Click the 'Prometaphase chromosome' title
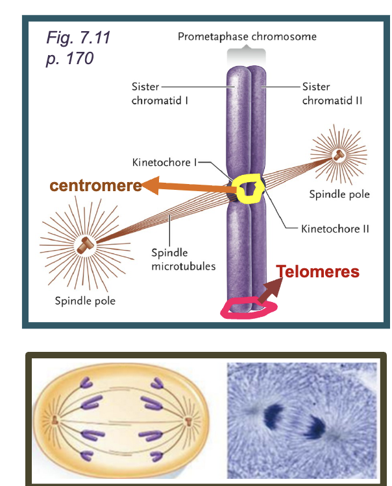click(247, 36)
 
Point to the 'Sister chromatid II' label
click(332, 93)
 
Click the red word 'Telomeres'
click(318, 272)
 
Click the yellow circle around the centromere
click(249, 189)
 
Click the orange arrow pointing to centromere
click(188, 187)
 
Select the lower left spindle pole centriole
click(84, 246)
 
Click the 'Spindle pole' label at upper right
click(339, 194)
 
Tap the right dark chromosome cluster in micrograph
click(316, 426)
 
